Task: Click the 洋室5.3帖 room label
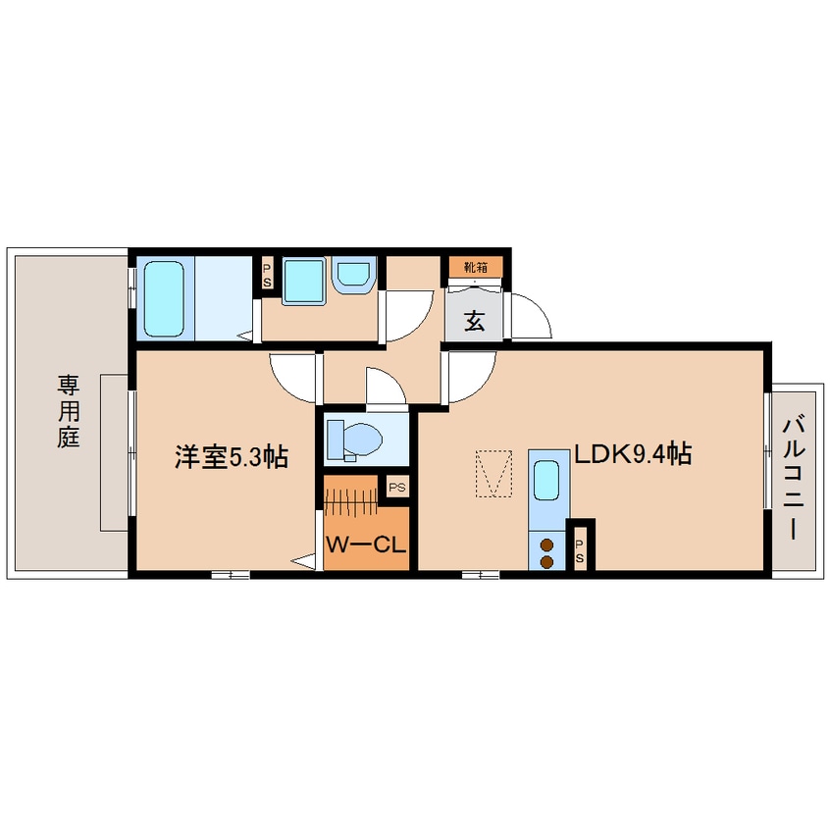click(232, 457)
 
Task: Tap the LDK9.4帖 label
click(634, 454)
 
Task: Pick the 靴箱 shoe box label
click(474, 266)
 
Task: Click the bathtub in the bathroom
click(166, 297)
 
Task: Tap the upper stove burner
click(545, 545)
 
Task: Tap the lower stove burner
click(545, 562)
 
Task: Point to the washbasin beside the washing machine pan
click(352, 275)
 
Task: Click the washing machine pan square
click(303, 282)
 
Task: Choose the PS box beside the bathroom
click(266, 274)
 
